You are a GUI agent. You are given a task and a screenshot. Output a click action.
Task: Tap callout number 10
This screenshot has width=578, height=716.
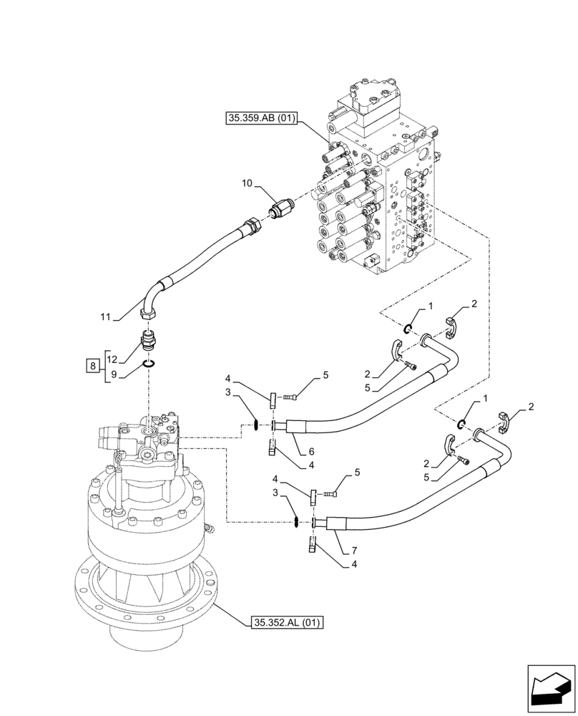click(246, 184)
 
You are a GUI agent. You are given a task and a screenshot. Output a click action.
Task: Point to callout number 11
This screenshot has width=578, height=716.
click(105, 316)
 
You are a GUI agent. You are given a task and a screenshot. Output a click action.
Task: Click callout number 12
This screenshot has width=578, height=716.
click(112, 359)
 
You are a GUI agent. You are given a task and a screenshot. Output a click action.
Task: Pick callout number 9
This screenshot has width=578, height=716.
click(112, 374)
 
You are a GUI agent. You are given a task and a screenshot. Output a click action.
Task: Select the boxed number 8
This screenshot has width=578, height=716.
click(92, 367)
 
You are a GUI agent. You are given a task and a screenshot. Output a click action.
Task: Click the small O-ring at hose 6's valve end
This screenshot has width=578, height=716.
click(407, 328)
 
